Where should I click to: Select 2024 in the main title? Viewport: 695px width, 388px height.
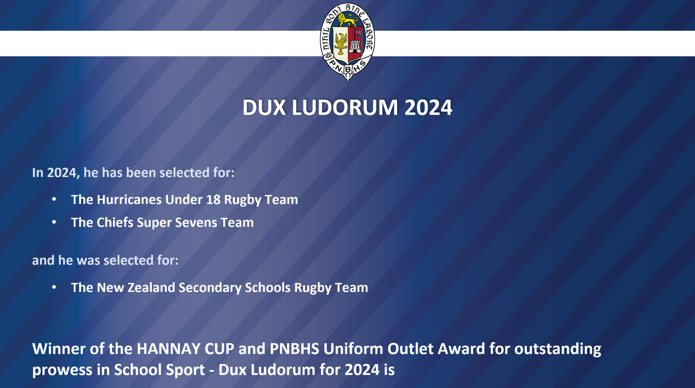(x=428, y=107)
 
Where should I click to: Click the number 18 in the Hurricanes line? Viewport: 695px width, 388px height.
(x=213, y=200)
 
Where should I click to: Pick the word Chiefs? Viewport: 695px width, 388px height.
(x=115, y=223)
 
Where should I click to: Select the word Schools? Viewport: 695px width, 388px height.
(x=268, y=288)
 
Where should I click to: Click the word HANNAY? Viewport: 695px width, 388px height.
(x=169, y=349)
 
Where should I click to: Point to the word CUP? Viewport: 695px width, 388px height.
(x=219, y=349)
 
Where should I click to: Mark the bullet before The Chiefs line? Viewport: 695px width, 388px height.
(x=54, y=222)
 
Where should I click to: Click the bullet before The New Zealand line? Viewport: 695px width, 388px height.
(x=54, y=287)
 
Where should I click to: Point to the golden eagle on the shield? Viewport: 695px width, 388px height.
(x=341, y=43)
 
